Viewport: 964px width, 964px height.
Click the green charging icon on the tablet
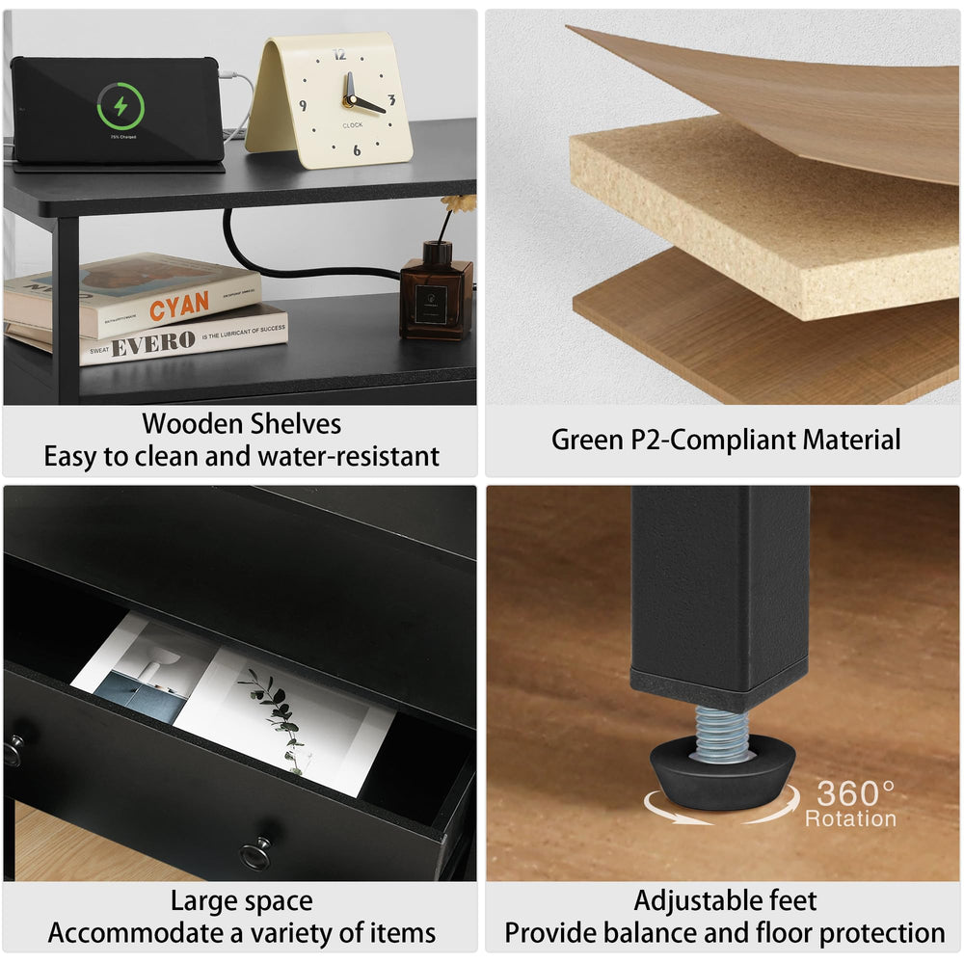pos(120,106)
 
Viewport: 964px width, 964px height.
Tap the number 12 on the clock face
pos(338,55)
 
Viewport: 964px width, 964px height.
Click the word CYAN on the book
pos(178,306)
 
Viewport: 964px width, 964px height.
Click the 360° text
pos(856,793)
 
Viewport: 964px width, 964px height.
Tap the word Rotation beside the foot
pos(850,818)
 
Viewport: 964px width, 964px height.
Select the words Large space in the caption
pos(241,901)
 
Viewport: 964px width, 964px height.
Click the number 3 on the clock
pos(391,99)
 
